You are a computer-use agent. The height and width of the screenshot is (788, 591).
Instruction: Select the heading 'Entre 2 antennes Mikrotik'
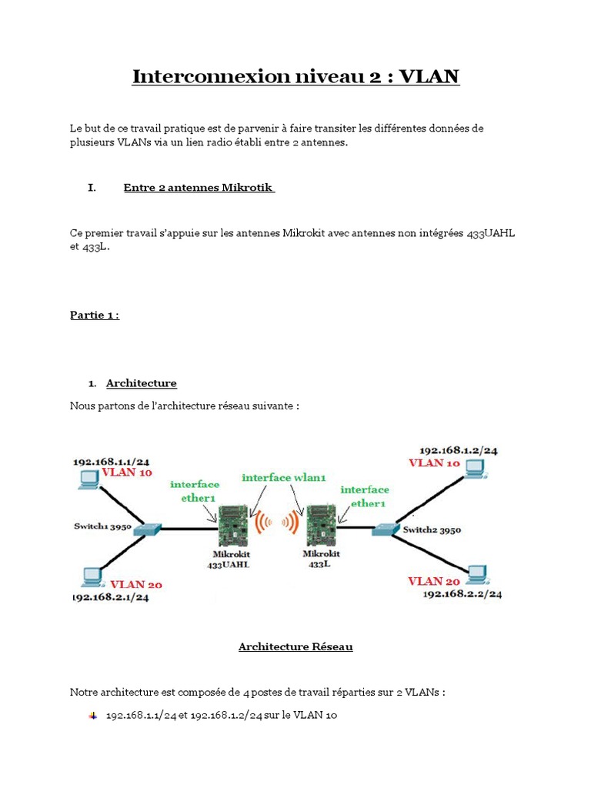click(199, 189)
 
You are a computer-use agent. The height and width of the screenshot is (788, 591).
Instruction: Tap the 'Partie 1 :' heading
click(95, 316)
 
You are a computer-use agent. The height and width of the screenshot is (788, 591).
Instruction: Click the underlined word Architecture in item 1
click(142, 383)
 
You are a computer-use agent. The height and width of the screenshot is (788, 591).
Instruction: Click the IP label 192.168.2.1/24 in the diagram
click(110, 597)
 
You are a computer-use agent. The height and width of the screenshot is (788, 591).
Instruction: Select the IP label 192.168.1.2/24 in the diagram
click(458, 450)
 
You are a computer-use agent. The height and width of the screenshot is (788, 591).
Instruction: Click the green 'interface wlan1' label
click(284, 478)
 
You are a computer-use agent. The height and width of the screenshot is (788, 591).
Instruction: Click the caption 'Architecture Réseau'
click(295, 647)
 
